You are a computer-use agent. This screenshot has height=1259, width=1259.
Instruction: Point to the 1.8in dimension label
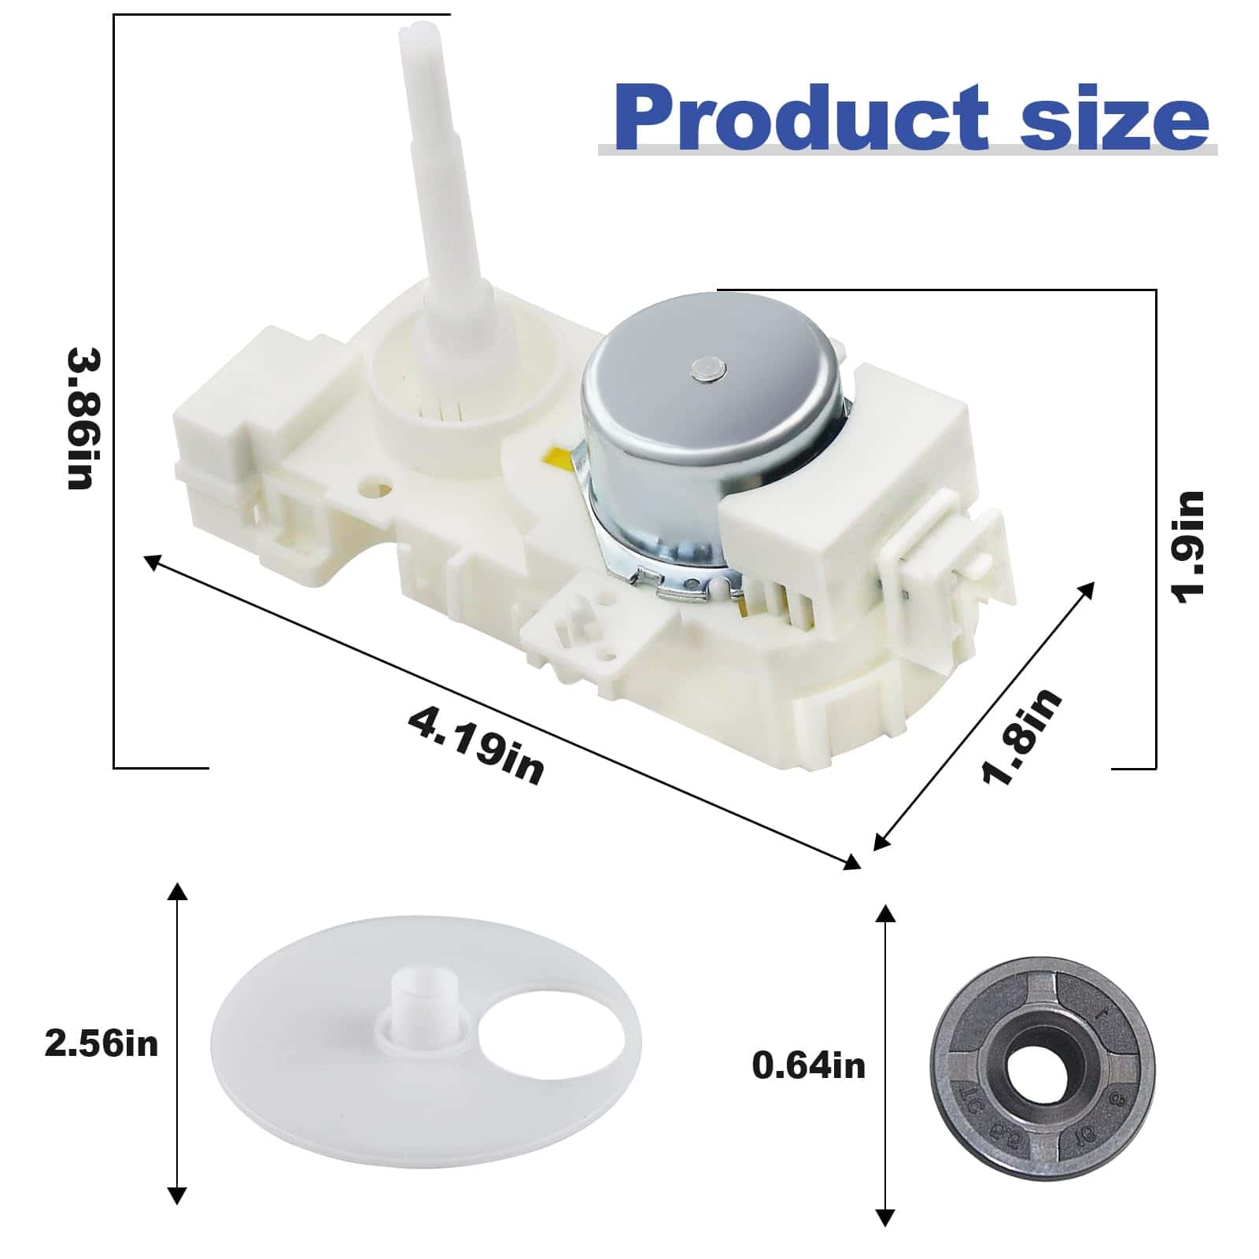1021,737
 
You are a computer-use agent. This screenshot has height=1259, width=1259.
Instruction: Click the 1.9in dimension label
1187,548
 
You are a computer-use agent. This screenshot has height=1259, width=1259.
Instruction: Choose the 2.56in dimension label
102,1043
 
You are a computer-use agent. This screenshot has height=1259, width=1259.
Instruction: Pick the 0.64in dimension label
808,1065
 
